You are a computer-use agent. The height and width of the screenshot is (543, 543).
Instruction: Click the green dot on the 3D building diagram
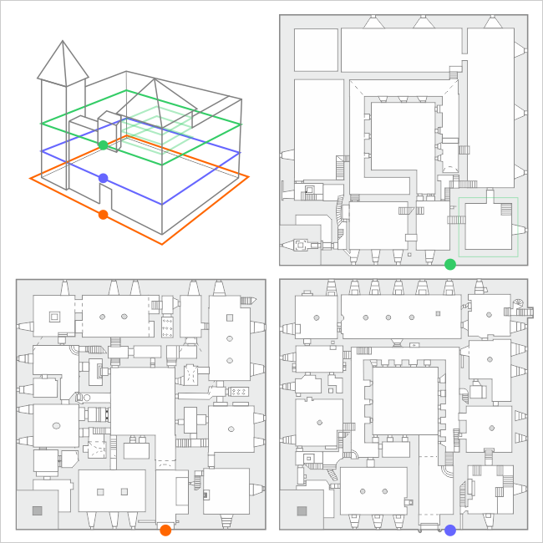pyautogui.click(x=103, y=145)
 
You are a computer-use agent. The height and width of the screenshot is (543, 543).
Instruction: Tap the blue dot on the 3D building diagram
pyautogui.click(x=103, y=178)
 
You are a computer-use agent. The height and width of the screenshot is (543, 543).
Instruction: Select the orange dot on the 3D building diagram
pyautogui.click(x=103, y=215)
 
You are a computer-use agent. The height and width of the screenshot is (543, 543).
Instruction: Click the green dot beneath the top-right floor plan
pyautogui.click(x=450, y=265)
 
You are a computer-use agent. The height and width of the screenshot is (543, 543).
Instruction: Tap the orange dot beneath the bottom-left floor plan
pyautogui.click(x=165, y=530)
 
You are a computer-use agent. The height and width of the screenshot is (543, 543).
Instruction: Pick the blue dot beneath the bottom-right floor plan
pyautogui.click(x=450, y=530)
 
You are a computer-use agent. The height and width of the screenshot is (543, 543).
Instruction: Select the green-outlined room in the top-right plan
pyautogui.click(x=489, y=226)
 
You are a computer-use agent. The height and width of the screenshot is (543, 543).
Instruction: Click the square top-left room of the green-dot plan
pyautogui.click(x=316, y=50)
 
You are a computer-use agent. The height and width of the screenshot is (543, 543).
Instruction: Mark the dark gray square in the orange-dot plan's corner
pyautogui.click(x=37, y=510)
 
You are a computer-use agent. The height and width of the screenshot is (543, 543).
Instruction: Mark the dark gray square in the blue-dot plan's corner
pyautogui.click(x=301, y=510)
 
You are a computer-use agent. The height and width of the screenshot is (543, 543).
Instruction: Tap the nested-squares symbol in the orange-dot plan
pyautogui.click(x=54, y=317)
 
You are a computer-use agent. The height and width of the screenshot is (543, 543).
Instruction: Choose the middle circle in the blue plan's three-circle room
pyautogui.click(x=388, y=317)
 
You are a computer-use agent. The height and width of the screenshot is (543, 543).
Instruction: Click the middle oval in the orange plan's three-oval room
pyautogui.click(x=229, y=338)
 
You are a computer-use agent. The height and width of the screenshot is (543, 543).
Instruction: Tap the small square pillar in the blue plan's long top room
pyautogui.click(x=438, y=313)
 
